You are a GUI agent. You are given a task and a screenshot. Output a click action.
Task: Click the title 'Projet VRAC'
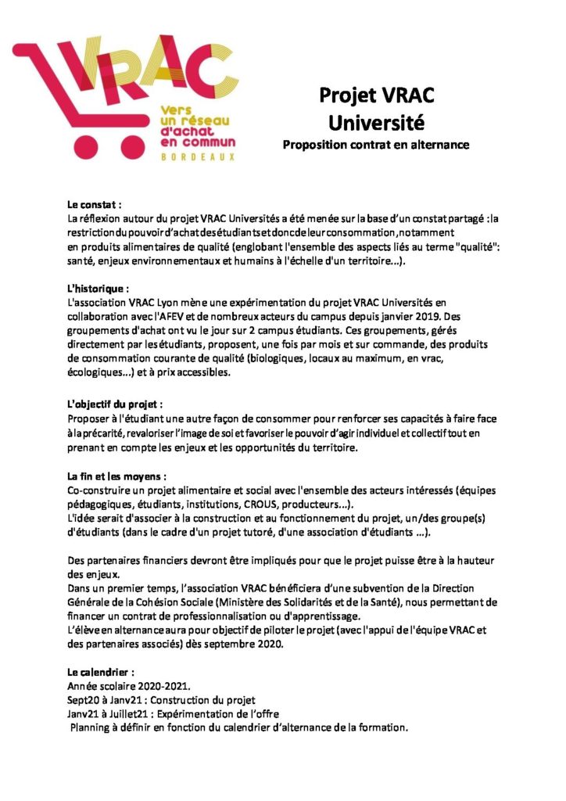coord(377,95)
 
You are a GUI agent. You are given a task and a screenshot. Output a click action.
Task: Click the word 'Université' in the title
coord(377,123)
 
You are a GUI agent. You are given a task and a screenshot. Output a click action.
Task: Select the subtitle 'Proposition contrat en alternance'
coord(377,145)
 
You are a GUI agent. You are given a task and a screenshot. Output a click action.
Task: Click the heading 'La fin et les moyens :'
coord(117,476)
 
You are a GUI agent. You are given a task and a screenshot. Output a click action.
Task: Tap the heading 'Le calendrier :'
coord(101,672)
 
